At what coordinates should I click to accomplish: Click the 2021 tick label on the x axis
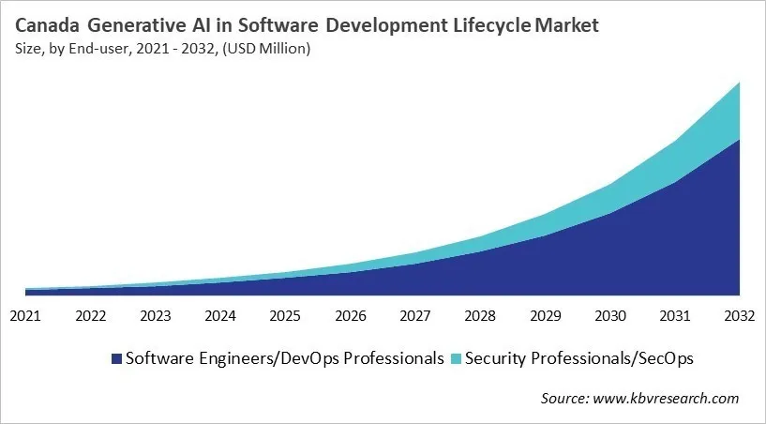click(26, 316)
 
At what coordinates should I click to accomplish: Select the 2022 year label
click(91, 316)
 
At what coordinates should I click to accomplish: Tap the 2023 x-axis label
click(156, 316)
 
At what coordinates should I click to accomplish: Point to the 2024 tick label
click(220, 316)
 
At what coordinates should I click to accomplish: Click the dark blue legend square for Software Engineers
click(116, 359)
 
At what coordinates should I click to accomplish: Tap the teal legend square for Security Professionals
click(457, 359)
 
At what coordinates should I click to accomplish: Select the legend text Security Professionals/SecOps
click(579, 358)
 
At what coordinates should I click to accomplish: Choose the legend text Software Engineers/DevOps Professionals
click(284, 358)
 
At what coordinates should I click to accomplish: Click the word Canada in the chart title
click(48, 25)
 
